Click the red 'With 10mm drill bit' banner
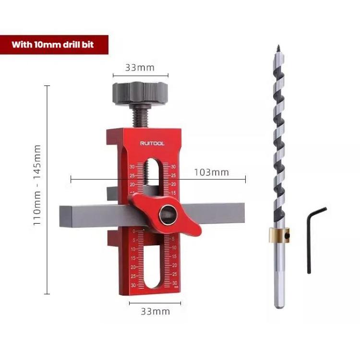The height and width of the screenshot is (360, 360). tap(54, 45)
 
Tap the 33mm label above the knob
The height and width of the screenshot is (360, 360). tap(140, 68)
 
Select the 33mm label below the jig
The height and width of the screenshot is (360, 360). tap(155, 312)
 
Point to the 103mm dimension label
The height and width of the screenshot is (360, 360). tap(212, 172)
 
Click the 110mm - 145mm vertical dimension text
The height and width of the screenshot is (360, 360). tap(37, 185)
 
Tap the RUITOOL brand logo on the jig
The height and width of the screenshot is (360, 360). tap(152, 144)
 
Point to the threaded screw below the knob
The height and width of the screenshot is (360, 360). tap(140, 117)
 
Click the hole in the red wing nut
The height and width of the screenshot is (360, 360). tap(168, 214)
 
